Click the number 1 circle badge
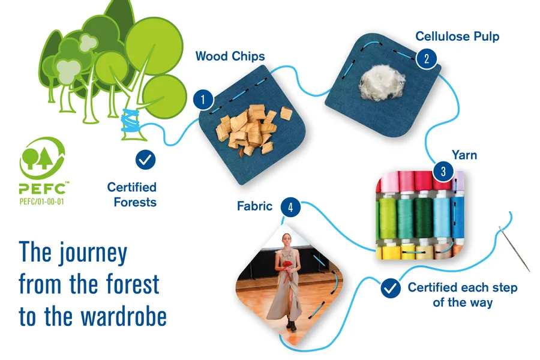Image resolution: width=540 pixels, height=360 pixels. tap(203, 100)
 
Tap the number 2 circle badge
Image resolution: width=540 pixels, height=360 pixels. tap(427, 59)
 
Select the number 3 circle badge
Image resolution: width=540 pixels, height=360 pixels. tap(443, 171)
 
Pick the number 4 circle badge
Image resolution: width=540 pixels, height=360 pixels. tap(290, 207)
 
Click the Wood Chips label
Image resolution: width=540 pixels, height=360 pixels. tap(230, 56)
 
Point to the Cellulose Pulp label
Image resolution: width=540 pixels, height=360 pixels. tap(457, 36)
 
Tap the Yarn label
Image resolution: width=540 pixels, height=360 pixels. tap(464, 155)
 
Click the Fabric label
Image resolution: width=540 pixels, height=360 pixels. tap(254, 206)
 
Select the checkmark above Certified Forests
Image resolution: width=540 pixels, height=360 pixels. tap(145, 160)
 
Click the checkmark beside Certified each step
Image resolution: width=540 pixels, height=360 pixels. tap(391, 288)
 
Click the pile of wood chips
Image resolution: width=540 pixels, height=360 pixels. tap(254, 129)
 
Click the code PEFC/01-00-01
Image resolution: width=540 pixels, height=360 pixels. tap(41, 202)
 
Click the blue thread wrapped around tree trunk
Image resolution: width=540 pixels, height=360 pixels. tap(131, 122)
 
